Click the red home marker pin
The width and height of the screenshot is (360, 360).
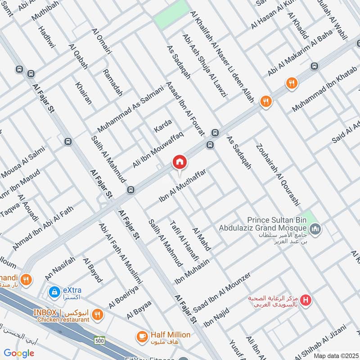pyautogui.click(x=179, y=162)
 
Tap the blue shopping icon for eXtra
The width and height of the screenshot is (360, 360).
pyautogui.click(x=54, y=292)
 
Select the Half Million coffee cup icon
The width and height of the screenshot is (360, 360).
pyautogui.click(x=142, y=336)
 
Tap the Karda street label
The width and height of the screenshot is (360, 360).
pyautogui.click(x=163, y=124)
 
